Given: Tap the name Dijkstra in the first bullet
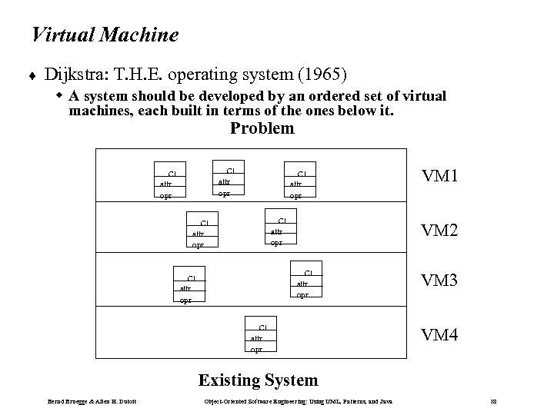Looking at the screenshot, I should tap(75, 75).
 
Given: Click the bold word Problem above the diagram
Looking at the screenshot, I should tap(262, 128).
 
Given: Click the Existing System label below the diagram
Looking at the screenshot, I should tap(258, 380).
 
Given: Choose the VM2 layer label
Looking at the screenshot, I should tap(439, 229).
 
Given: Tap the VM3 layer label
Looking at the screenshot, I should tap(439, 281).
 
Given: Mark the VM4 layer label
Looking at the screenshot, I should tap(439, 334).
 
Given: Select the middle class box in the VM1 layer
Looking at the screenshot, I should tap(227, 181).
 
